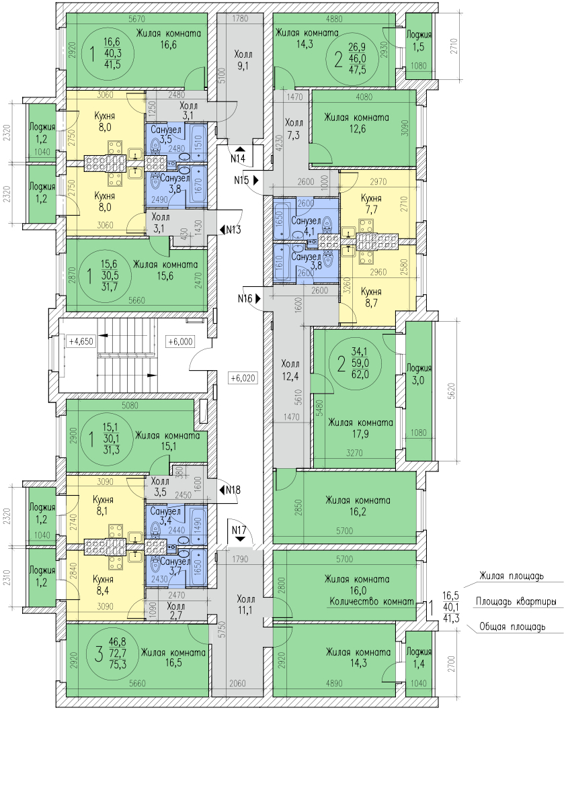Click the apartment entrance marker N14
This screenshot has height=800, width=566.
click(x=238, y=159)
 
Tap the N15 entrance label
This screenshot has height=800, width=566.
click(x=242, y=180)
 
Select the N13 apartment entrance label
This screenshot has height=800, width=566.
click(x=233, y=229)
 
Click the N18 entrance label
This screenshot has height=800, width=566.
click(x=233, y=490)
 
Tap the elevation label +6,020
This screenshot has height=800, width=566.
click(x=243, y=378)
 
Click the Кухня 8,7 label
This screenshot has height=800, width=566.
click(x=372, y=298)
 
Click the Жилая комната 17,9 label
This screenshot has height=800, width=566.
click(x=360, y=428)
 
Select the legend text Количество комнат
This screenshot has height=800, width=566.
click(x=371, y=602)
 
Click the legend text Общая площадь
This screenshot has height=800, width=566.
click(x=512, y=627)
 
